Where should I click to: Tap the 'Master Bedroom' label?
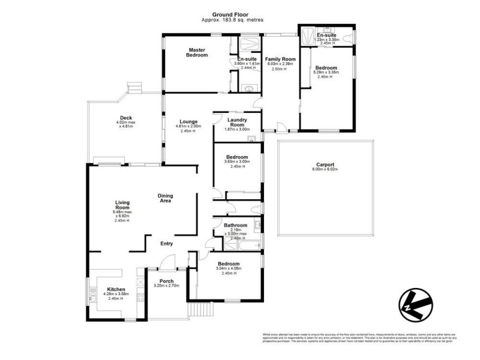point(197,52)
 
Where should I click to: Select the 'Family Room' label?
point(281,59)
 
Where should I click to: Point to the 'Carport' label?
point(325,164)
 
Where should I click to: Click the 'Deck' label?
point(125,118)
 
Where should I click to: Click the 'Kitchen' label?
point(116,289)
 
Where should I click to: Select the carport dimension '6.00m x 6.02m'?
point(325,170)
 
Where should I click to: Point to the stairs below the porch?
point(200,311)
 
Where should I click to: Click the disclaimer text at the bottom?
point(359,337)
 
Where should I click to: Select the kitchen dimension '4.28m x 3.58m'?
point(116,294)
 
